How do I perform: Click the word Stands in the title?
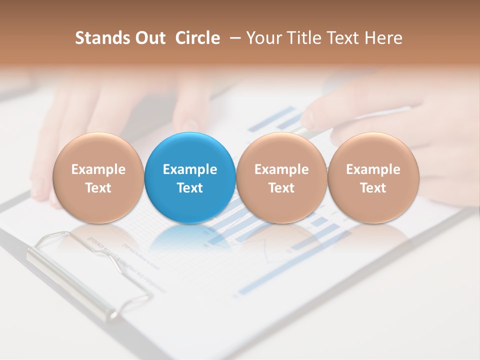point(96,38)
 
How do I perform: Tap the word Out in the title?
point(148,38)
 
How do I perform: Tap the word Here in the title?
point(383,38)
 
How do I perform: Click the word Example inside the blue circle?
point(190,169)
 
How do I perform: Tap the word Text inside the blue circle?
point(190,188)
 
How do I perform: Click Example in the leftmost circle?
point(98,169)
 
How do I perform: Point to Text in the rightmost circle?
point(373,188)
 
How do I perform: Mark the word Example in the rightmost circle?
point(373,169)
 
